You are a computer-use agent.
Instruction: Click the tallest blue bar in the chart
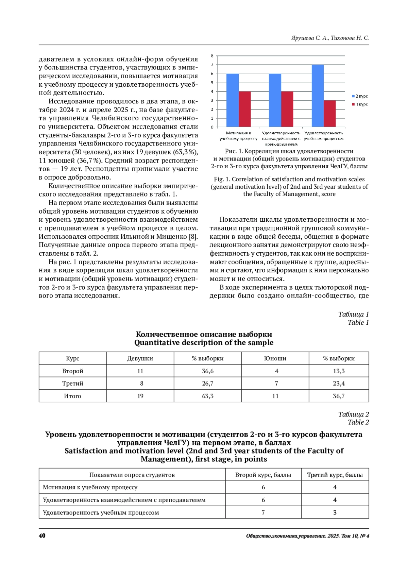tap(318, 96)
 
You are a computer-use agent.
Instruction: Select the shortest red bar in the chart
tap(329, 114)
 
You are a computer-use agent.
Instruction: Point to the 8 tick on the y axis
tap(212, 56)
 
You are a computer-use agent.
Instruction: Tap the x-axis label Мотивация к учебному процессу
tap(238, 136)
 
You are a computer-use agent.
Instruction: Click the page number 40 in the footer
tap(42, 536)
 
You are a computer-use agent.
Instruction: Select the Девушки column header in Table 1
tap(140, 358)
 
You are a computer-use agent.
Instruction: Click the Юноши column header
tap(275, 358)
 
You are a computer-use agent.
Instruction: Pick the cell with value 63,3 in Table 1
tap(208, 396)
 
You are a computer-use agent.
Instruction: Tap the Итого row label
tap(72, 396)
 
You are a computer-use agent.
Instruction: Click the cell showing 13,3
tap(339, 371)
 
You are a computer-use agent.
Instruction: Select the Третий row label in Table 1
tap(72, 384)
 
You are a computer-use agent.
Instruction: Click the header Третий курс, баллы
tap(335, 475)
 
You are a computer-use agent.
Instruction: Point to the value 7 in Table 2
tap(263, 512)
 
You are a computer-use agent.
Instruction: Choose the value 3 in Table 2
tap(335, 512)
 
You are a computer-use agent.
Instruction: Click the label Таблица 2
tap(353, 414)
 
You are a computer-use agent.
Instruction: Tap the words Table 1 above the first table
tap(358, 322)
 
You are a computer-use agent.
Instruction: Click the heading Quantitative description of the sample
tap(204, 343)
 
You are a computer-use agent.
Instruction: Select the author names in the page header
tap(330, 38)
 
